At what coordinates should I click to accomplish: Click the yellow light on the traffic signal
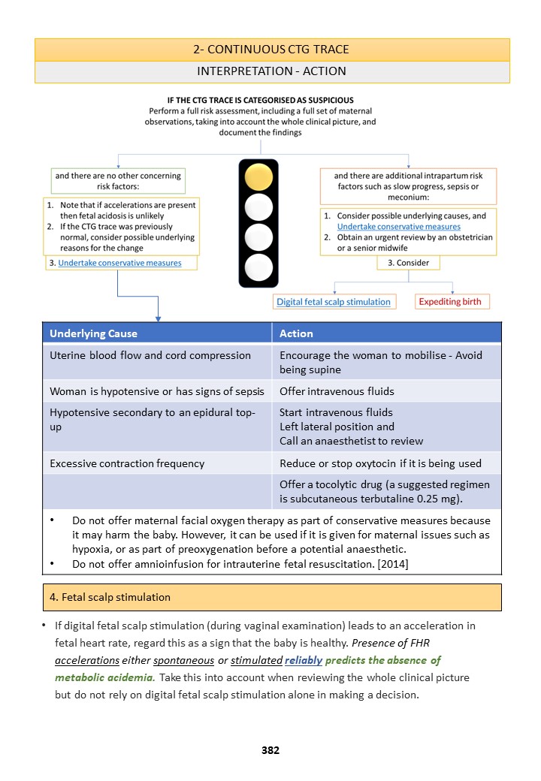(258, 177)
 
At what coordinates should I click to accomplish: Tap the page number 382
(270, 749)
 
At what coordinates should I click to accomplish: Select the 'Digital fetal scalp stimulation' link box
(334, 302)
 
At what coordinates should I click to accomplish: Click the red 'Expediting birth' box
(452, 302)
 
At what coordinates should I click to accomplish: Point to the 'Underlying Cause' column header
(93, 333)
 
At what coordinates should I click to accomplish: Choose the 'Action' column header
(296, 333)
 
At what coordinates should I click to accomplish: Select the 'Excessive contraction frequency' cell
(127, 463)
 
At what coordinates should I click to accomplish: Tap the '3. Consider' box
(408, 263)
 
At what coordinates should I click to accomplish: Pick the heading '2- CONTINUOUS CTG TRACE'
(271, 50)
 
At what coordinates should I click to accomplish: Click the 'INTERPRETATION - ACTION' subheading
(271, 71)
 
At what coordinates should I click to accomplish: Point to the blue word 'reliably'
(304, 660)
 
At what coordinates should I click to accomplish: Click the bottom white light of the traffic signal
(258, 267)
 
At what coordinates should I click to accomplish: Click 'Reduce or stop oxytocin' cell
(380, 463)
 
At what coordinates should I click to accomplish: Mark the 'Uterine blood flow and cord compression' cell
(150, 355)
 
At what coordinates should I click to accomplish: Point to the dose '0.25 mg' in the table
(445, 499)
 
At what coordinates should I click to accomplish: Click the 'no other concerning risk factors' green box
(117, 181)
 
